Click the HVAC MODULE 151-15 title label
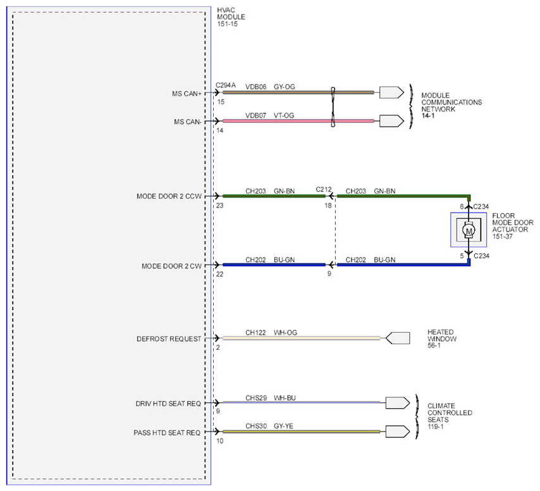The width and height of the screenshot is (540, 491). coord(231,17)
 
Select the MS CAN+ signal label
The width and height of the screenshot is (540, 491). coord(187,94)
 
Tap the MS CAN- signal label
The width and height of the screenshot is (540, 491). coord(188,122)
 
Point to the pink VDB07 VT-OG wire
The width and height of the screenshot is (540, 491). coord(298,121)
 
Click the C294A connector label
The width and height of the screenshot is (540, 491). coord(226,85)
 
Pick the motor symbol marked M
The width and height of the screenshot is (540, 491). coord(469,230)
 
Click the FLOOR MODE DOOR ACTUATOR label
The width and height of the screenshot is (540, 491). coord(512,226)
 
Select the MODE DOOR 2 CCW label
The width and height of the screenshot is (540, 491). coord(169,196)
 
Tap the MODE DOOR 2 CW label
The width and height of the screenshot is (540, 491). coord(171,266)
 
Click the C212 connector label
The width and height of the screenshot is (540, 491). coord(324,190)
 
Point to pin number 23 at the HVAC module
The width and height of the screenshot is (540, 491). coord(219,206)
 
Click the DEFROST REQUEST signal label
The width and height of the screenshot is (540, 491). coord(169,339)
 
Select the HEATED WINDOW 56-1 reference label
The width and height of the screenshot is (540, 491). coord(442,339)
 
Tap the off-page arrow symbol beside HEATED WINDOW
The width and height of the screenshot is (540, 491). coord(398,338)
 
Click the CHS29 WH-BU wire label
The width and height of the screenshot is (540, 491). coord(271,398)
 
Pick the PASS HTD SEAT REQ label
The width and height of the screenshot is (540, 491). coord(167,433)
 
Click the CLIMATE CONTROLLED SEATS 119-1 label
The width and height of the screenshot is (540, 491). coord(450,416)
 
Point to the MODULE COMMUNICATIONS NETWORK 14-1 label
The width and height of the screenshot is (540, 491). coord(451,106)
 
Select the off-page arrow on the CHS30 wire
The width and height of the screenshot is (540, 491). coord(398,432)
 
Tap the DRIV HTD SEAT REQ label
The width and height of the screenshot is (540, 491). coord(168,404)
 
